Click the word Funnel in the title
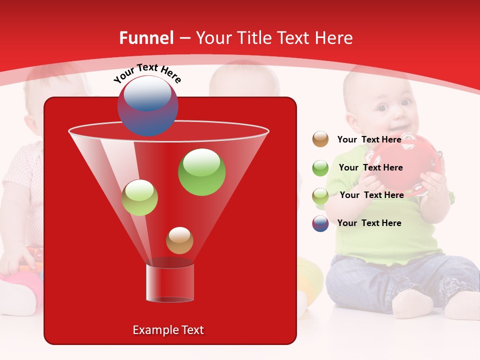146,38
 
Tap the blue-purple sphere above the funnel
147,105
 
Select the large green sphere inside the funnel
201,171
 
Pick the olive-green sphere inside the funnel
139,197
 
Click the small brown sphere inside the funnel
179,240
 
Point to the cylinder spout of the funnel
169,282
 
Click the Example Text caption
168,330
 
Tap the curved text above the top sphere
147,73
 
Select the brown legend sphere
320,139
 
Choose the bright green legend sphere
320,168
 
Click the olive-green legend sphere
320,195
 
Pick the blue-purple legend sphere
320,223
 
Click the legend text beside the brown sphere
369,139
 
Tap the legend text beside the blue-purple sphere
369,223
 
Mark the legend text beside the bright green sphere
370,167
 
